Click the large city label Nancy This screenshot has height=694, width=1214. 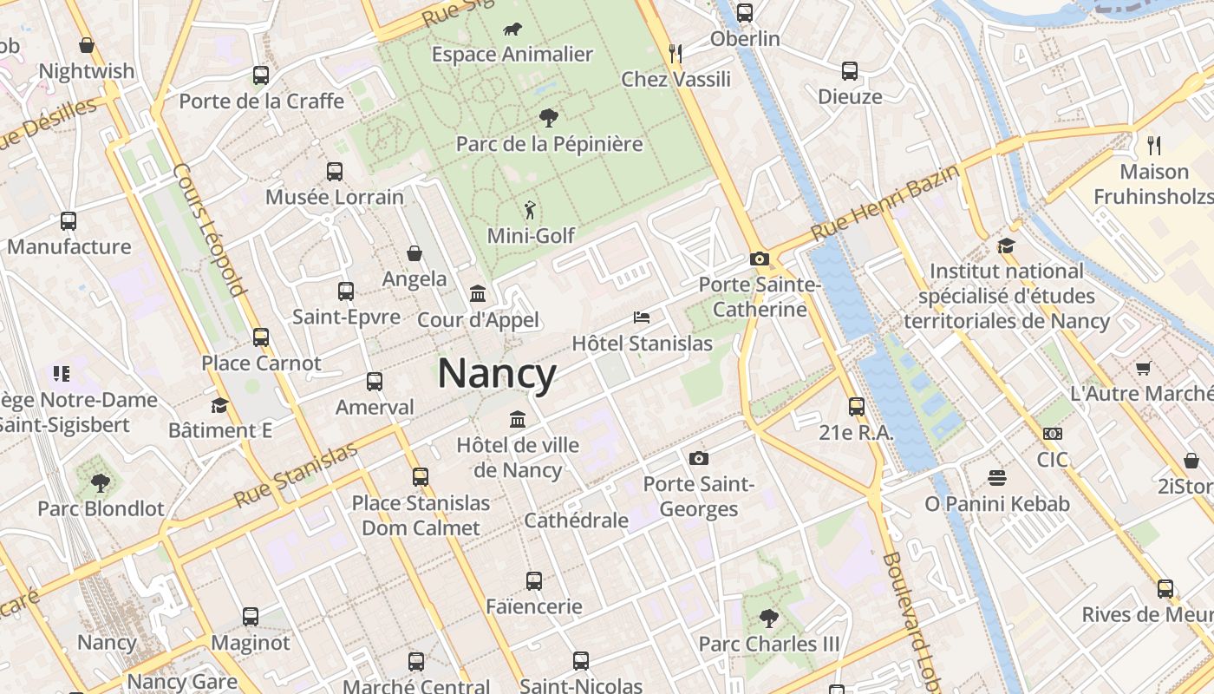[x=497, y=375]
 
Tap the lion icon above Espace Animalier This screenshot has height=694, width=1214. [x=512, y=29]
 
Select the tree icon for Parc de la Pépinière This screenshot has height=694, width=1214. [x=548, y=118]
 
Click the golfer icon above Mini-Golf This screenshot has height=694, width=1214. [x=531, y=210]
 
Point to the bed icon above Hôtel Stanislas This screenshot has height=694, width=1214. [x=642, y=318]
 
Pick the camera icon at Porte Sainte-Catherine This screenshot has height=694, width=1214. [x=760, y=259]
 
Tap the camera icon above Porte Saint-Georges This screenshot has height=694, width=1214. [x=698, y=458]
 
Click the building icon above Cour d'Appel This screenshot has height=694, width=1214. [x=478, y=294]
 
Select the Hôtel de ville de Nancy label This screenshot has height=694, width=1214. [x=519, y=457]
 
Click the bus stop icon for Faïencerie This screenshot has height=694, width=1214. [x=534, y=581]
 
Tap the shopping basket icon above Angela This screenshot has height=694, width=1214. [x=414, y=253]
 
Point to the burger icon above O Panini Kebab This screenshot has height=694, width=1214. [x=996, y=478]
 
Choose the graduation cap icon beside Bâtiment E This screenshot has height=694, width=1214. [x=219, y=405]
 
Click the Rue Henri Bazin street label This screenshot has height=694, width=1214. [x=885, y=203]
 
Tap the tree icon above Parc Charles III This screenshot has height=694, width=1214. [x=768, y=619]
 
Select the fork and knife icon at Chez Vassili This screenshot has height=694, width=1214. [x=676, y=54]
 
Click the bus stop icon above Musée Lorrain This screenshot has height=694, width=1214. [x=335, y=172]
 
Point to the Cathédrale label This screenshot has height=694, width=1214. [x=576, y=520]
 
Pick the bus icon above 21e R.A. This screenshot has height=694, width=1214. [x=857, y=406]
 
